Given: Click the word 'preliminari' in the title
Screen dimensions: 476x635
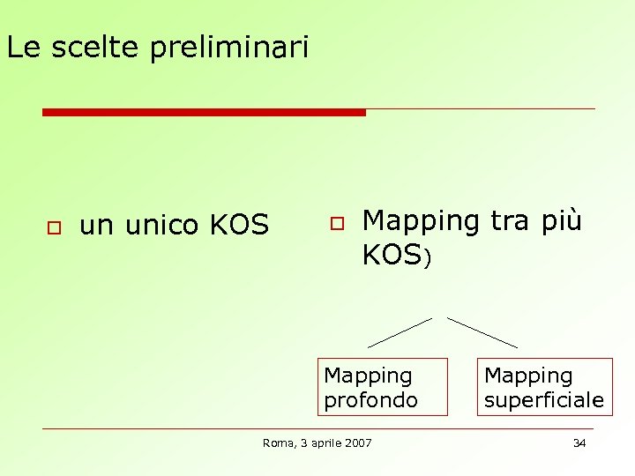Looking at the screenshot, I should (229, 48).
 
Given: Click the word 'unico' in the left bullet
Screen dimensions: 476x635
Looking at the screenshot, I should (161, 226).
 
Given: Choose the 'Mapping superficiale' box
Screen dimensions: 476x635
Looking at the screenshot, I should (544, 387).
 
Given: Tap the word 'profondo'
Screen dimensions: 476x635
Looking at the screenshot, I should (370, 400).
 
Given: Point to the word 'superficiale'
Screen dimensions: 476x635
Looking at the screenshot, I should (544, 400).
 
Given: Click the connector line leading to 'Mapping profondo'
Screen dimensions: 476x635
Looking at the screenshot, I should (400, 332).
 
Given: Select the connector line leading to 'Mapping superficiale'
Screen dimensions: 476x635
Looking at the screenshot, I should (482, 332).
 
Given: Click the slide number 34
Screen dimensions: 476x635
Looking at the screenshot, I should (579, 443).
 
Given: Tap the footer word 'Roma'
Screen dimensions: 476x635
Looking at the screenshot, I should (278, 443).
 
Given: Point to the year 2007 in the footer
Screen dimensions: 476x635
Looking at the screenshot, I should (357, 443).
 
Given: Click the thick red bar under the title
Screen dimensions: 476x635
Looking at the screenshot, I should (204, 112).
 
